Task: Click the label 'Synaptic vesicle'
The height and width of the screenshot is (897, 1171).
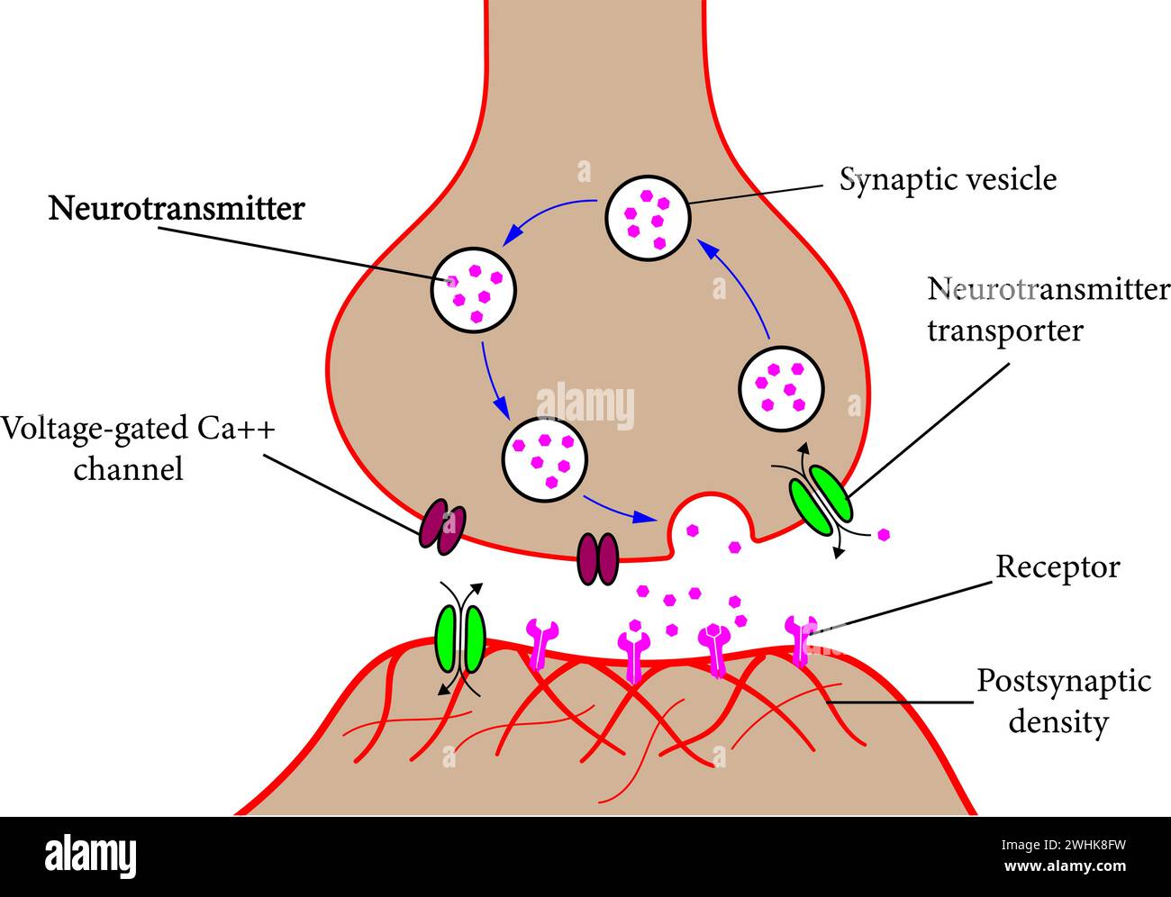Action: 948,179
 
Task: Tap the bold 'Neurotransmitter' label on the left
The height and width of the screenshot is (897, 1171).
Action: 177,209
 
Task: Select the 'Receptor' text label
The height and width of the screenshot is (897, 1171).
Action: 1057,567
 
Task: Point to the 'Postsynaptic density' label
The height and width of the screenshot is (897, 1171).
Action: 1063,701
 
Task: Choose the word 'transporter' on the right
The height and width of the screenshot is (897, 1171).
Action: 1004,331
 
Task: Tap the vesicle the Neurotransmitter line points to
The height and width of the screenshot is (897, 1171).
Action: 474,288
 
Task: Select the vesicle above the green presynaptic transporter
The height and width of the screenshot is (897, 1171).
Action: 781,387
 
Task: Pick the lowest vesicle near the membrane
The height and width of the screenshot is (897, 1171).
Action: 545,459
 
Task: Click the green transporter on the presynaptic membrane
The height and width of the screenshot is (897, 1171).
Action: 820,499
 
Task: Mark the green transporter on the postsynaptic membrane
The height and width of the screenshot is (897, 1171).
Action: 460,638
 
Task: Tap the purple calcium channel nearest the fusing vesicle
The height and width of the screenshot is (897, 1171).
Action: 598,557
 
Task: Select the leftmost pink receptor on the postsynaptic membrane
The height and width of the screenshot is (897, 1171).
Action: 541,641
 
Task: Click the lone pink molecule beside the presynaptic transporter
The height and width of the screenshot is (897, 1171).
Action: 885,534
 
